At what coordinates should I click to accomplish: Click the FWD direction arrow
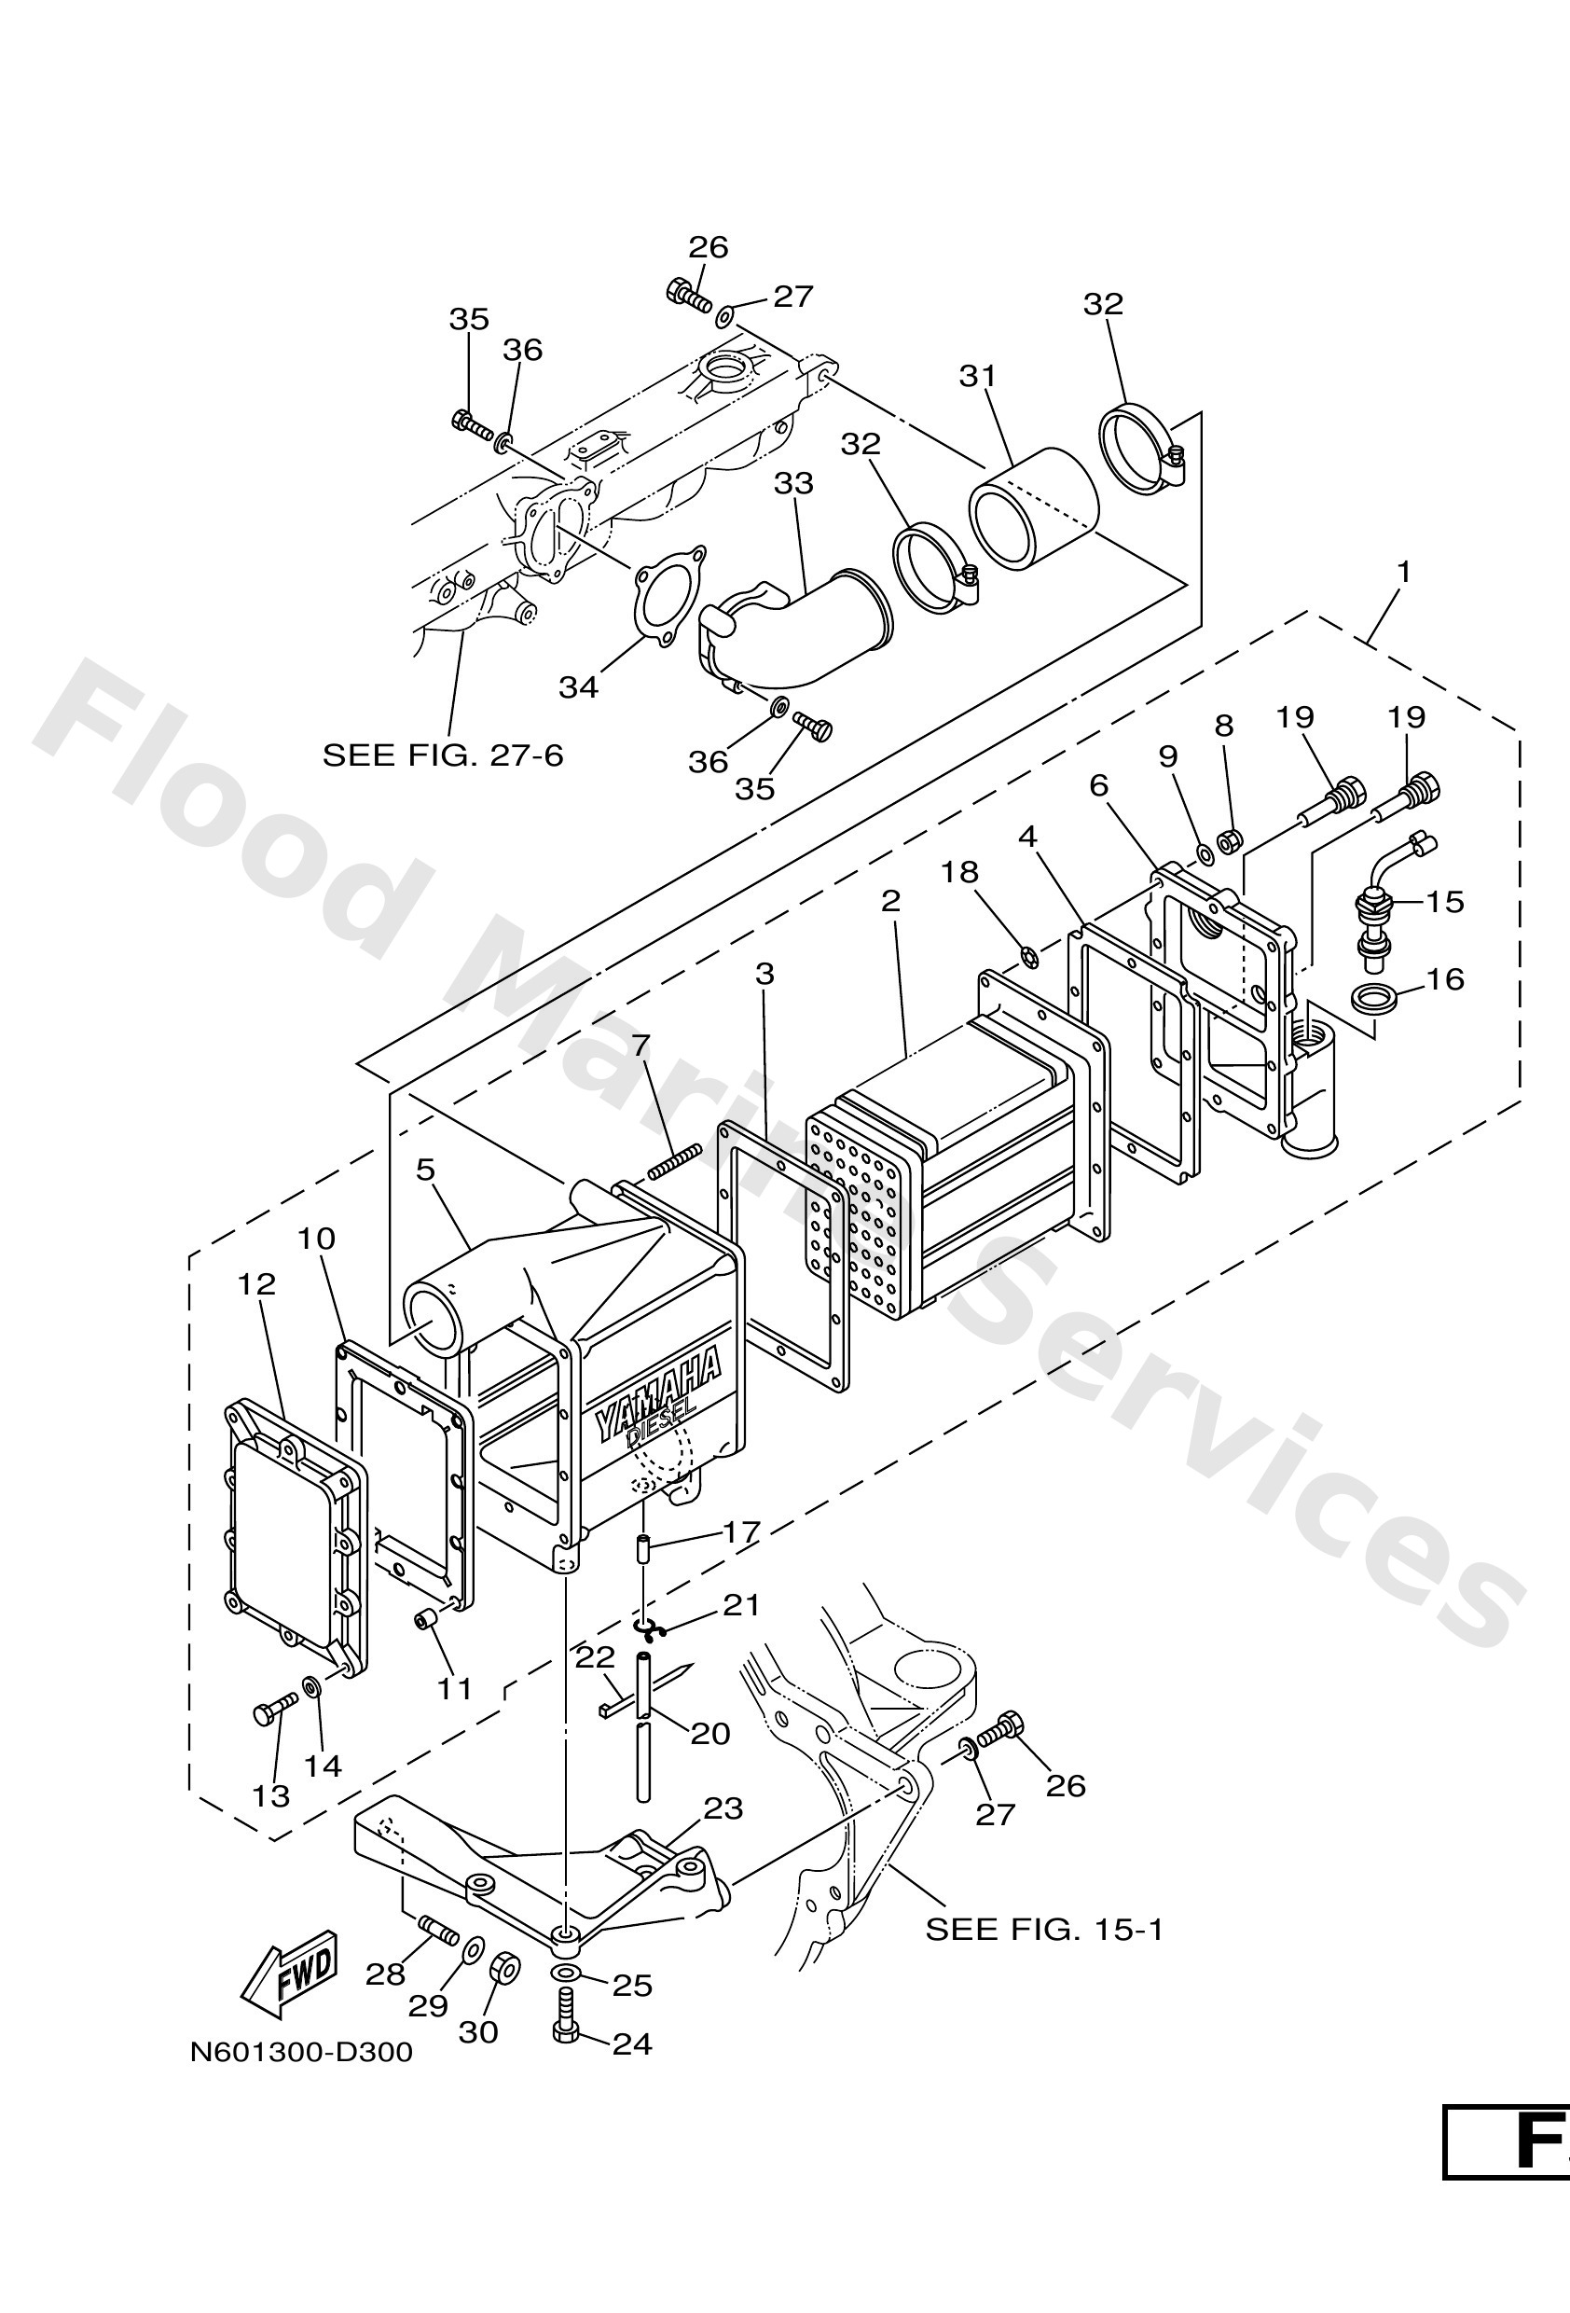[x=290, y=1972]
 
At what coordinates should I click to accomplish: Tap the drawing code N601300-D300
[x=301, y=2052]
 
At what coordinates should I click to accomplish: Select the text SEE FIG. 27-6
[x=443, y=755]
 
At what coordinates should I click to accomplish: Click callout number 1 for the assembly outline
[x=1404, y=573]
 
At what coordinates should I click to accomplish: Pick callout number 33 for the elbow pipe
[x=794, y=484]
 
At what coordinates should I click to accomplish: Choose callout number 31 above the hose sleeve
[x=977, y=377]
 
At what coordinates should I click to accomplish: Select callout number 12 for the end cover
[x=255, y=1284]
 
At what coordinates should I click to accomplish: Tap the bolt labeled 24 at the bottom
[x=565, y=2029]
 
